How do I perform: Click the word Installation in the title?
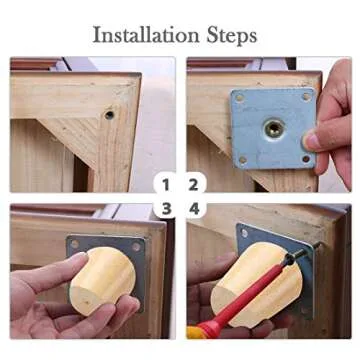tap(147, 35)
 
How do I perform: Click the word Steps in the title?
tap(232, 36)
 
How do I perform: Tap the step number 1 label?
tap(166, 185)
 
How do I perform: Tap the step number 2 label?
tap(193, 185)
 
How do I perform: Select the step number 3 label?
tap(166, 209)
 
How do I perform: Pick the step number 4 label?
tap(194, 209)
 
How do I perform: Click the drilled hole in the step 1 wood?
tap(109, 115)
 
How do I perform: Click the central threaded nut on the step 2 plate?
tap(274, 128)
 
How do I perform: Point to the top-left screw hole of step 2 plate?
tap(240, 98)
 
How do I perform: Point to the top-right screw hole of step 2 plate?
tap(306, 97)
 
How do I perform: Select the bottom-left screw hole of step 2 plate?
tap(243, 160)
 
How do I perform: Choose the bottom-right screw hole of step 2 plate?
tap(306, 159)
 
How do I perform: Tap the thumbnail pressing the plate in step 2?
tap(311, 141)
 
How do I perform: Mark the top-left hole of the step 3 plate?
tap(75, 244)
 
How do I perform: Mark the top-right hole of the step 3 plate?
tap(136, 247)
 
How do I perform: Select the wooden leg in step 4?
tap(257, 283)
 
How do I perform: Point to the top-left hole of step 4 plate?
tap(245, 233)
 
